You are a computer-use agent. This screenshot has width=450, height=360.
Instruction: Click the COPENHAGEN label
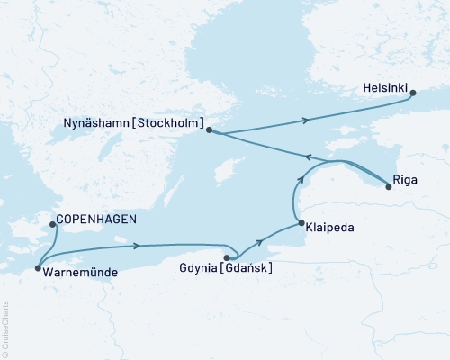pyautogui.click(x=92, y=218)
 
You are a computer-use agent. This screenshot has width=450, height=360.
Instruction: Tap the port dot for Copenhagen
pyautogui.click(x=52, y=225)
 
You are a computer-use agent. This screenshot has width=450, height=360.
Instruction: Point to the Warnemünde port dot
pyautogui.click(x=36, y=268)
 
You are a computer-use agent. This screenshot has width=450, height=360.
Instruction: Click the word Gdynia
pyautogui.click(x=198, y=268)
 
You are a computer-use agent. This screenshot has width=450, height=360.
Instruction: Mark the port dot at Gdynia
pyautogui.click(x=226, y=257)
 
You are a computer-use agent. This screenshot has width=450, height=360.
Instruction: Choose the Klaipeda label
pyautogui.click(x=329, y=229)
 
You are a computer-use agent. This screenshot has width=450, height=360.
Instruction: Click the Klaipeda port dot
pyautogui.click(x=300, y=222)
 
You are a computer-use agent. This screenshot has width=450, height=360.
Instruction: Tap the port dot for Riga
pyautogui.click(x=388, y=187)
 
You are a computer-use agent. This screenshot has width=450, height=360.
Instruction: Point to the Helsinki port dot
pyautogui.click(x=412, y=92)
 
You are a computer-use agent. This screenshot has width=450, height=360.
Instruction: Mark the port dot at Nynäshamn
pyautogui.click(x=209, y=130)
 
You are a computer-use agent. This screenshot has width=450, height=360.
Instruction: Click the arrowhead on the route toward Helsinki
pyautogui.click(x=309, y=120)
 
